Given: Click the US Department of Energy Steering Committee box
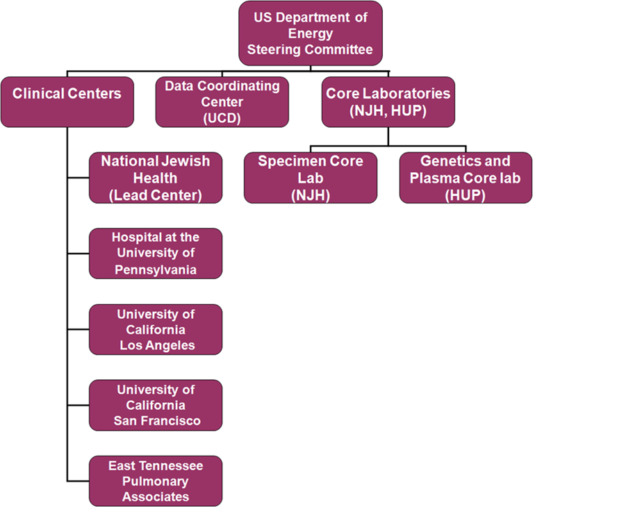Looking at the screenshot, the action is pyautogui.click(x=311, y=33).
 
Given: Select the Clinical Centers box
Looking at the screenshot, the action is pyautogui.click(x=67, y=102).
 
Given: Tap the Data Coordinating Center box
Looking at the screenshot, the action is pyautogui.click(x=222, y=102).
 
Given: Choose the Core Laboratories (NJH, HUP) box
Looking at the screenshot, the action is pyautogui.click(x=388, y=102).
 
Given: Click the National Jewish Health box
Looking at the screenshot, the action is pyautogui.click(x=156, y=178).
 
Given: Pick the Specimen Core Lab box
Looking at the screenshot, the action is pyautogui.click(x=311, y=178).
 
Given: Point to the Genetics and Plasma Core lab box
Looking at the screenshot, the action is pyautogui.click(x=466, y=178).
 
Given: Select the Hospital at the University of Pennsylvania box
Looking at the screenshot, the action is pyautogui.click(x=156, y=253).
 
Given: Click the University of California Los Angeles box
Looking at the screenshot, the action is pyautogui.click(x=156, y=330).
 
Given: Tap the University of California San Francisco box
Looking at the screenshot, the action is pyautogui.click(x=156, y=405).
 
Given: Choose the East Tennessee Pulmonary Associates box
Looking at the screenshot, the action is pyautogui.click(x=156, y=481).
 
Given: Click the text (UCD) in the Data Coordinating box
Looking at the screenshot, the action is pyautogui.click(x=222, y=118).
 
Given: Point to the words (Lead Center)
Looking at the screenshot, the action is pyautogui.click(x=156, y=195).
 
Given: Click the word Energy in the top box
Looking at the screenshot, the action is pyautogui.click(x=311, y=34).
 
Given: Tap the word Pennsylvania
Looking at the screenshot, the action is pyautogui.click(x=156, y=270).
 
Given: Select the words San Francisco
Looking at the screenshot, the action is pyautogui.click(x=157, y=421).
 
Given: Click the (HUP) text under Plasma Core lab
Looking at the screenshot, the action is pyautogui.click(x=465, y=195).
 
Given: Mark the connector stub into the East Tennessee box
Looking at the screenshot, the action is pyautogui.click(x=79, y=481).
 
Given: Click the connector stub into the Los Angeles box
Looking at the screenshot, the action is pyautogui.click(x=79, y=329).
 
